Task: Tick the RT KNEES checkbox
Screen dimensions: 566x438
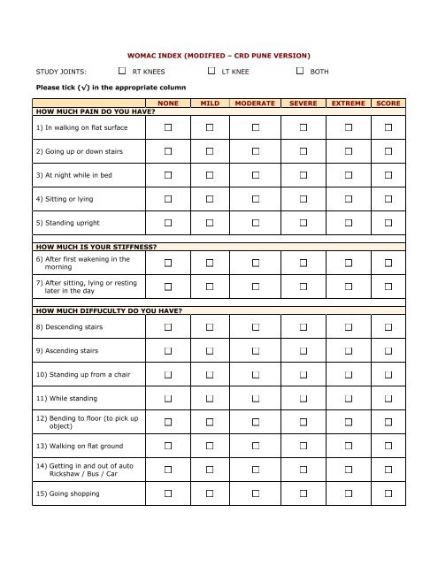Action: tap(121, 70)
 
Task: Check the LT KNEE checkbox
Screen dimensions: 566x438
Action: tap(211, 70)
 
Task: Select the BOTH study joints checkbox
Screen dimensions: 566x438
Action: tap(301, 70)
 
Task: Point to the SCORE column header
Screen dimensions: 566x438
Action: tap(388, 103)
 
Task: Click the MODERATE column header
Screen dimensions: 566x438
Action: tap(252, 103)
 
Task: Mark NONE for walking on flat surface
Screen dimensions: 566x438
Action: tap(168, 129)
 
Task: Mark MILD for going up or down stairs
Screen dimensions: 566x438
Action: tap(210, 152)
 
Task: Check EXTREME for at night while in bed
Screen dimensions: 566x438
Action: tap(349, 175)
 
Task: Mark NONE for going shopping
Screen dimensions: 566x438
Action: tap(168, 493)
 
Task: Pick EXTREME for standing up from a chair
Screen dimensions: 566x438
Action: tap(349, 375)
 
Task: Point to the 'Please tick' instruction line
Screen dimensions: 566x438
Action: tap(93, 88)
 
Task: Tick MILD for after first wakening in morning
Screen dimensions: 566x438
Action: tap(210, 264)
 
